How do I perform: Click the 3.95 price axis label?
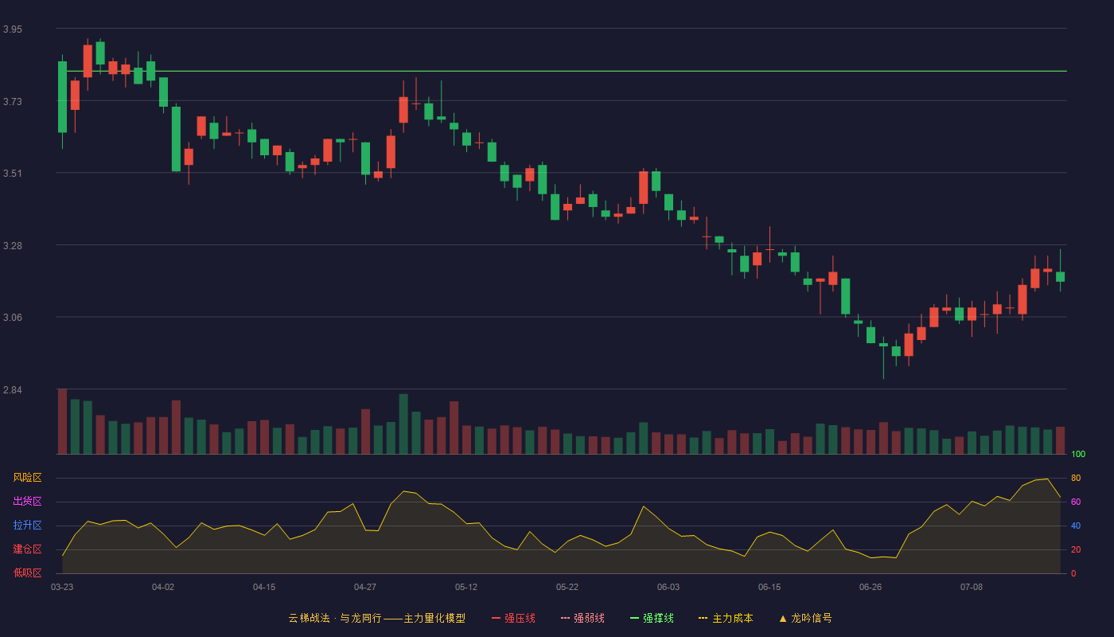point(13,29)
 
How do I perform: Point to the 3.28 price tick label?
point(13,246)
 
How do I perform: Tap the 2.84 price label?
point(13,389)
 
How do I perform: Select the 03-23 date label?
point(62,588)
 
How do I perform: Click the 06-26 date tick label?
point(871,588)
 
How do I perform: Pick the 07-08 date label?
point(972,588)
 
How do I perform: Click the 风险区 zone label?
point(27,478)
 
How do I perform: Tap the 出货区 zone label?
point(27,501)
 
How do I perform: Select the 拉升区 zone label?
point(27,525)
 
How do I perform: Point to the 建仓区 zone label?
point(27,549)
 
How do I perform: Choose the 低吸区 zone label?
point(27,573)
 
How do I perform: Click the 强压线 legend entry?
point(514,618)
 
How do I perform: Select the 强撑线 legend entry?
point(652,618)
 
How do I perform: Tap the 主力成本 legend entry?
point(726,618)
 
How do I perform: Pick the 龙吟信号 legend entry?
point(805,618)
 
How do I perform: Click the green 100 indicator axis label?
point(1078,454)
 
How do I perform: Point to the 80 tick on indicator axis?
point(1076,478)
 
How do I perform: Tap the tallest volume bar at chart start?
point(62,421)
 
